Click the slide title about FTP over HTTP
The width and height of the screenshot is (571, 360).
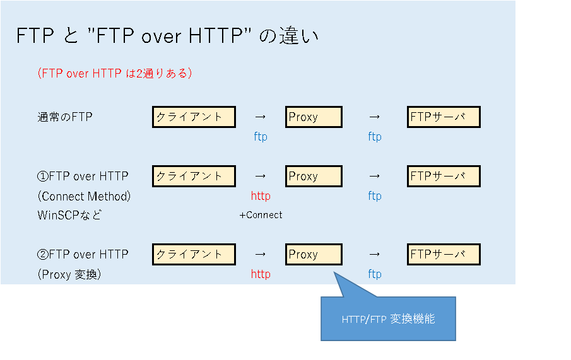(x=167, y=37)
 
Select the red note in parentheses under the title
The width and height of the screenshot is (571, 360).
(x=114, y=73)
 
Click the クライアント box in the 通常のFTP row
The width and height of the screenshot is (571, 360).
(x=194, y=117)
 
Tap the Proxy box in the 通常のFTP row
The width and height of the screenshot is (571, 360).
(x=314, y=117)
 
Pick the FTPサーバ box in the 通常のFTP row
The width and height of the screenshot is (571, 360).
(x=444, y=117)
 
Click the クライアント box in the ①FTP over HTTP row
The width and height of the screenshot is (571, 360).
(x=194, y=177)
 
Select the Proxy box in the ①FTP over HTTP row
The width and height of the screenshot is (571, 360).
(x=314, y=177)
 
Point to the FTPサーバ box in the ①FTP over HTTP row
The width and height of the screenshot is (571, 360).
(x=444, y=177)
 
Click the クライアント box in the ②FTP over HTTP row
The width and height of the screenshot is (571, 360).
(x=194, y=255)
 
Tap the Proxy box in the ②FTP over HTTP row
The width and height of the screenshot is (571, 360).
(x=314, y=255)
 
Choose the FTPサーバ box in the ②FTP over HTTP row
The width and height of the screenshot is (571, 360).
(x=444, y=255)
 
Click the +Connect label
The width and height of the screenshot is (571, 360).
(x=261, y=215)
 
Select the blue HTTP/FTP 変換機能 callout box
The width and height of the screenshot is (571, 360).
(x=388, y=319)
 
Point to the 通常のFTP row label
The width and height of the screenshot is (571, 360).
(x=65, y=117)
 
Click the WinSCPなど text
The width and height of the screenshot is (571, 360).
(x=69, y=215)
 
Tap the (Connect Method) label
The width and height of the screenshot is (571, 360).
(x=84, y=196)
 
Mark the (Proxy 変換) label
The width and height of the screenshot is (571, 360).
(x=69, y=274)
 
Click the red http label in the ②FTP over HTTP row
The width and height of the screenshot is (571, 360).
(x=261, y=274)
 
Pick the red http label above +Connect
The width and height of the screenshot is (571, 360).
(x=261, y=196)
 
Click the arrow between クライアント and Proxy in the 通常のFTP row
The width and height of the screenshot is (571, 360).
(x=261, y=117)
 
